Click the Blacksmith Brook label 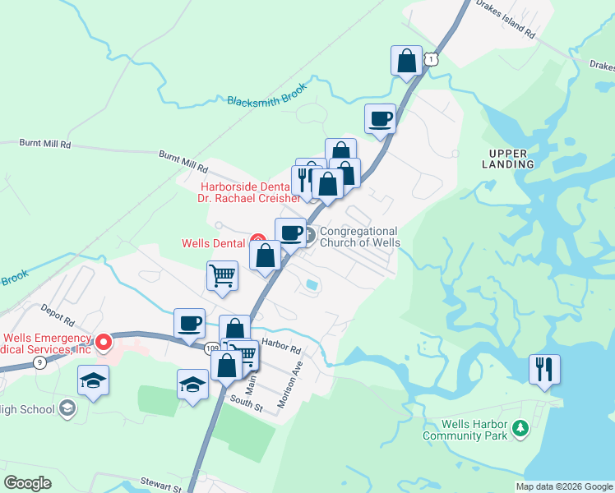click(266, 93)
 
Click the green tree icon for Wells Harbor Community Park click(520, 428)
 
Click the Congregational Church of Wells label click(359, 237)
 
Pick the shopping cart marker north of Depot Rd click(222, 276)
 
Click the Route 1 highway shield click(432, 58)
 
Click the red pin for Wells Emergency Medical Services click(104, 341)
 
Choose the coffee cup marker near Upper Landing click(380, 118)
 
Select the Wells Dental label click(214, 243)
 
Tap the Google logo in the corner click(28, 483)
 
